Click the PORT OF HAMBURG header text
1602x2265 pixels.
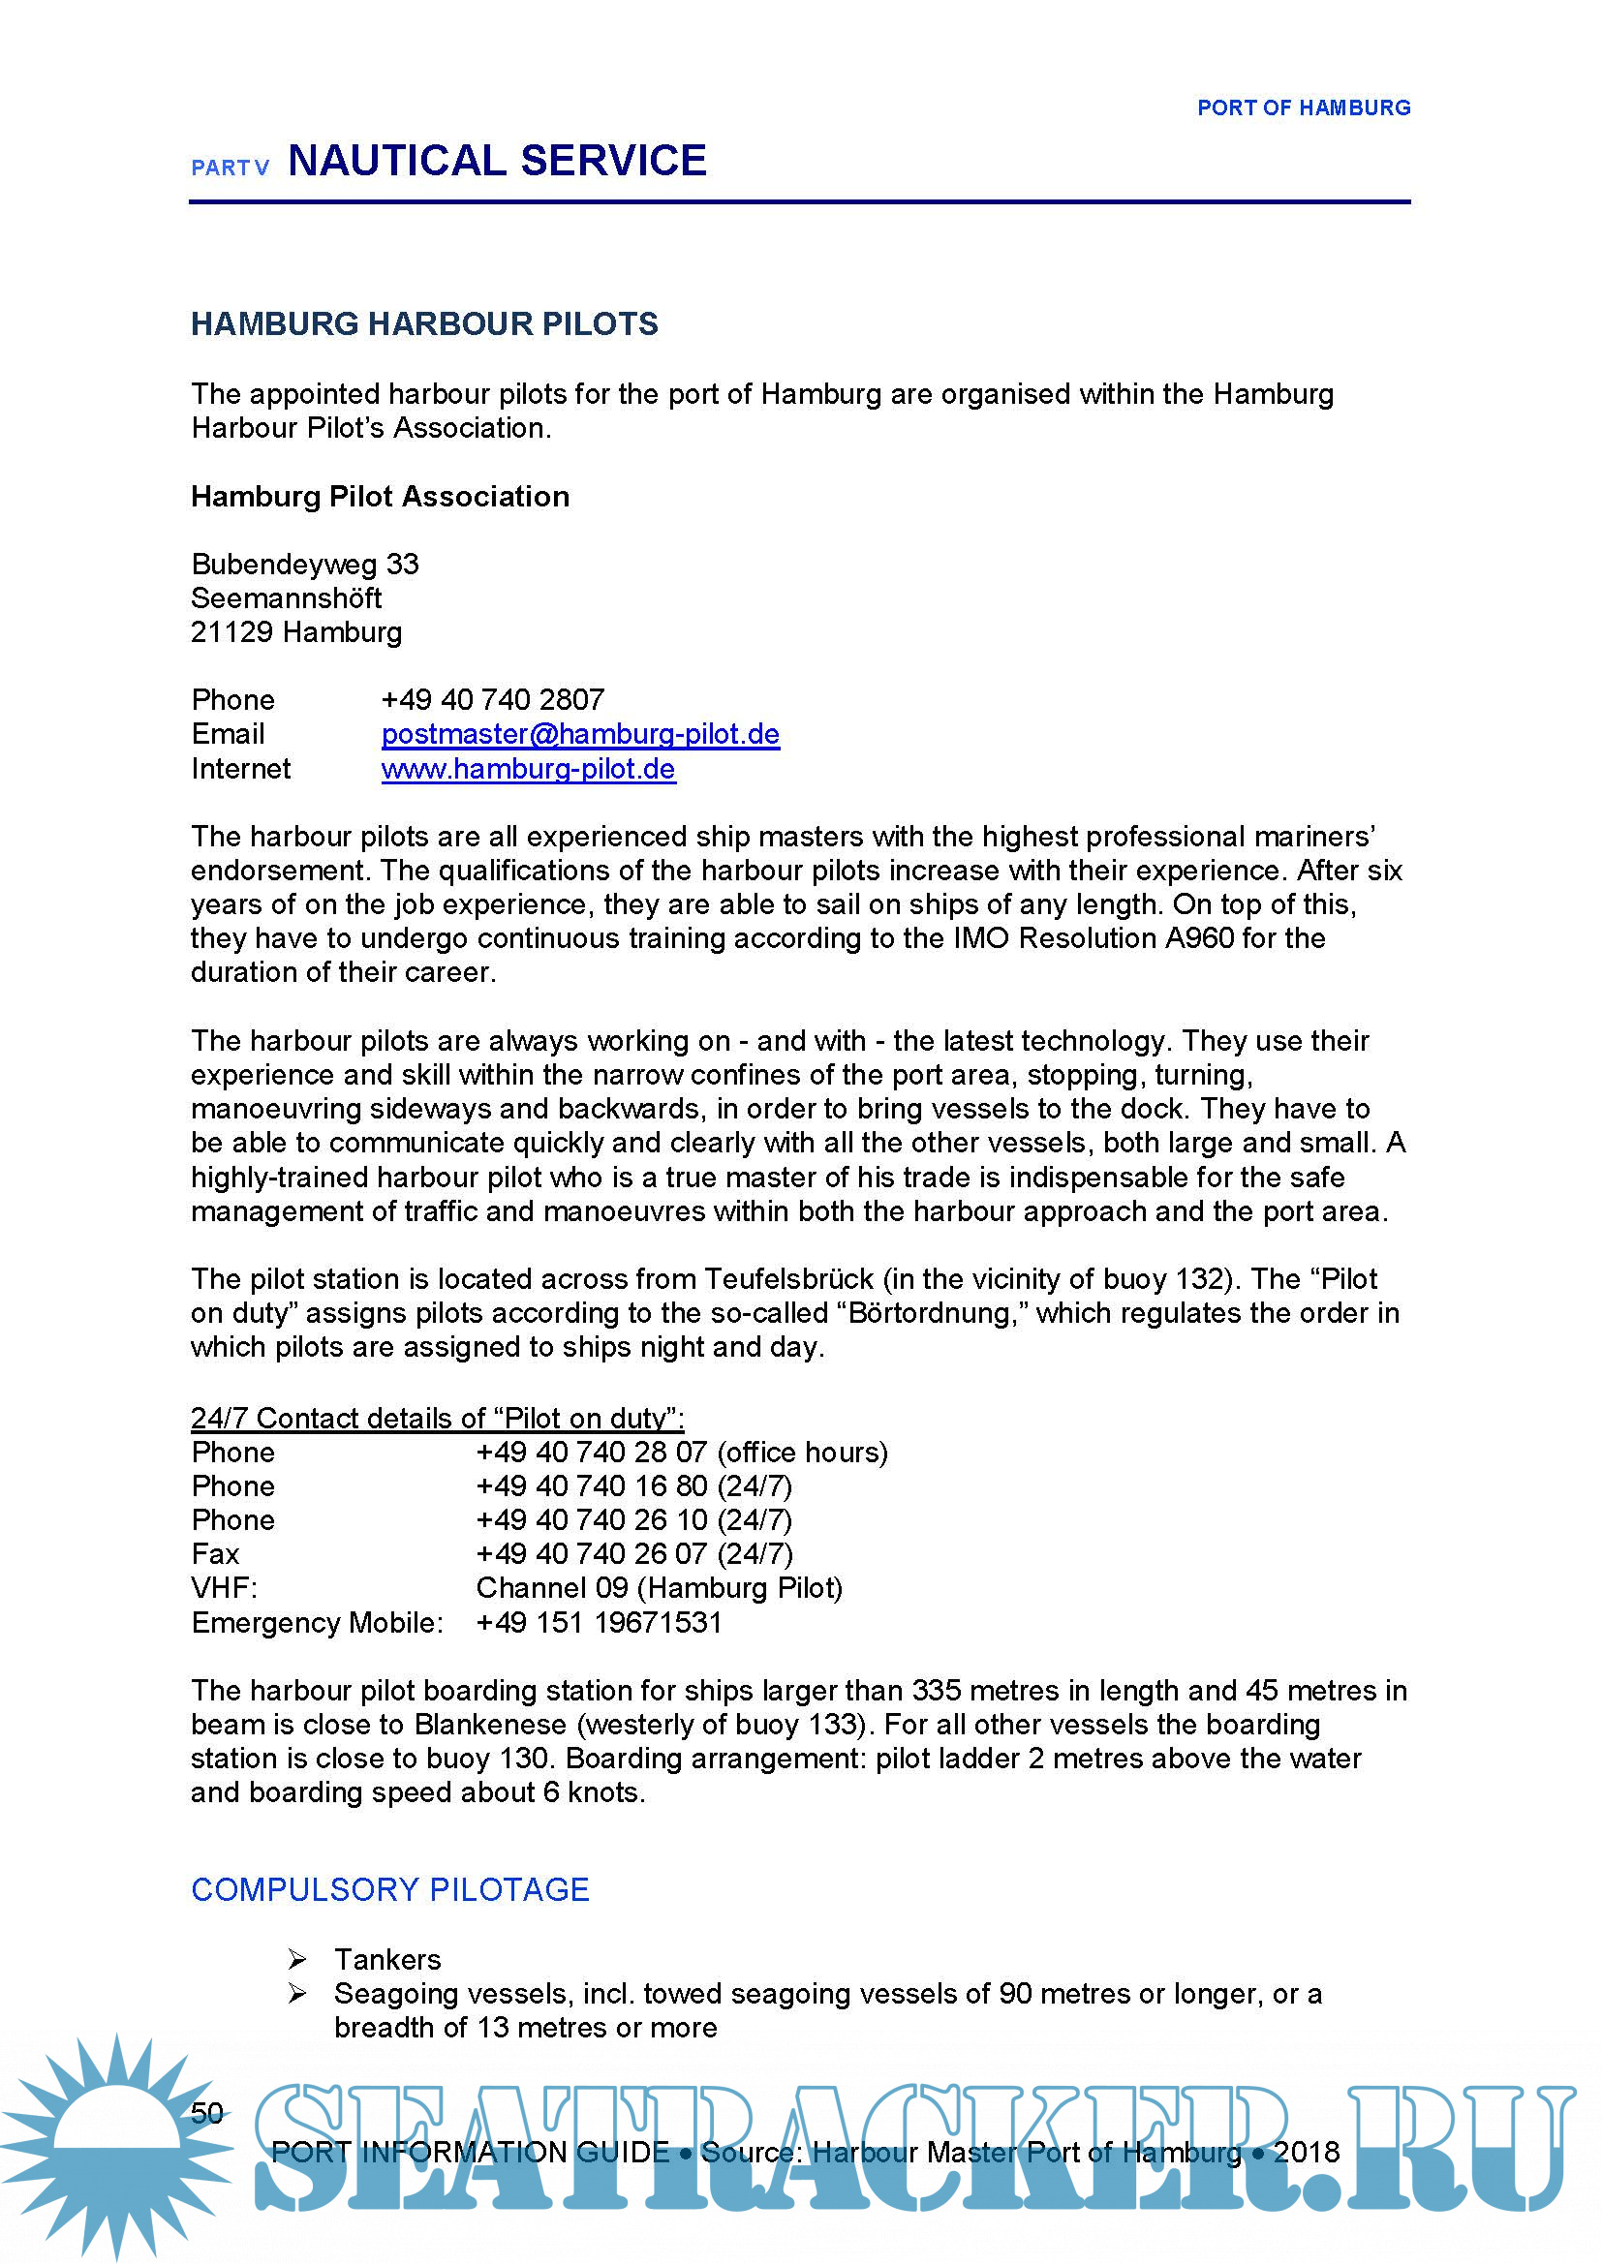pos(1303,107)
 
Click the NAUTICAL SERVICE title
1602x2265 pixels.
pos(497,161)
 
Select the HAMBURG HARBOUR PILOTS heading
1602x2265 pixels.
pos(424,323)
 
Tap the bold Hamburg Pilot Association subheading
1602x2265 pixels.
pos(380,496)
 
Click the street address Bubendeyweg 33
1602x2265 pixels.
pos(305,565)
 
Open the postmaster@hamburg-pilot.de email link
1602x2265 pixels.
pos(580,734)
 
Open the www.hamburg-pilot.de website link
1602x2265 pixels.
pos(528,769)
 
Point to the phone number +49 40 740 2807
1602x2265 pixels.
pos(492,699)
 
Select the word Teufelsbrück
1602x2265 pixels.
pos(788,1279)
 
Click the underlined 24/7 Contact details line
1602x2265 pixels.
pos(437,1418)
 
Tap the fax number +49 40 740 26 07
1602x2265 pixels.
pos(634,1553)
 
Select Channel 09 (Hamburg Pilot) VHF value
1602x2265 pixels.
pos(659,1588)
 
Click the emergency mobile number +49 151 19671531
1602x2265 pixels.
pos(599,1623)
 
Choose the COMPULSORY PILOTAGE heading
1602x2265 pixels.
pos(389,1889)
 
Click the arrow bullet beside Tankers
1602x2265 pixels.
pos(297,1959)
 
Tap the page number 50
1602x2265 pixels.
pos(207,2112)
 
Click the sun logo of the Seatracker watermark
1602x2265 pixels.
pos(116,2141)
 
